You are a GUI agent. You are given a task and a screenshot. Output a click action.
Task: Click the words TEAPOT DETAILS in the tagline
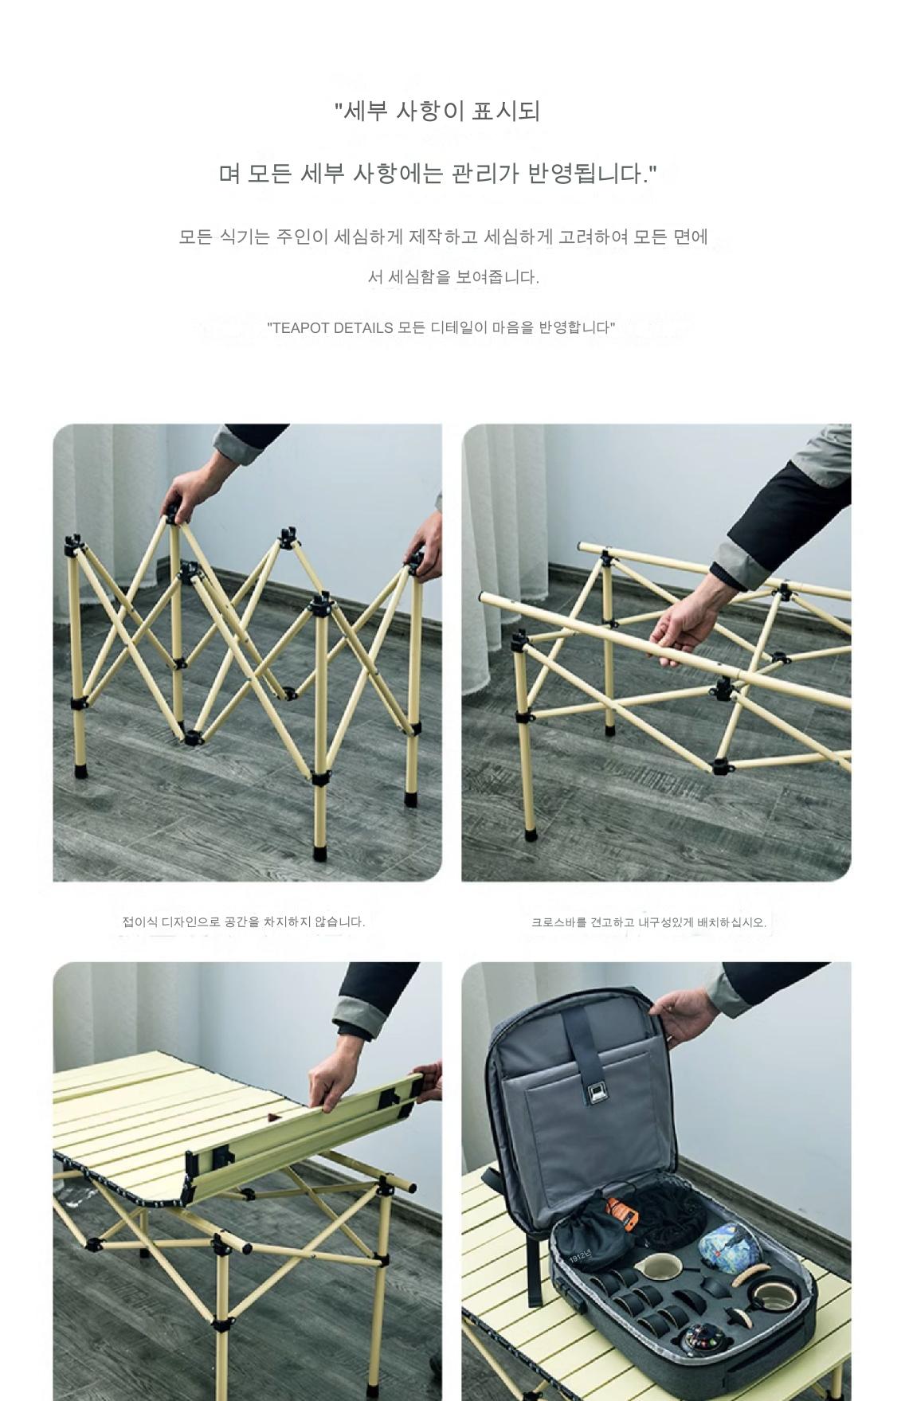click(330, 327)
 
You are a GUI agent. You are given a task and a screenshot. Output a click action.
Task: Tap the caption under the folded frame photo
click(243, 922)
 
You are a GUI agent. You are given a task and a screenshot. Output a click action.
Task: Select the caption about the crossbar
click(648, 922)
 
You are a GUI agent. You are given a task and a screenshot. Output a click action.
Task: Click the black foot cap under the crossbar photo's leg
click(531, 833)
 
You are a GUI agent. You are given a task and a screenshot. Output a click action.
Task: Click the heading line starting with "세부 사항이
click(437, 111)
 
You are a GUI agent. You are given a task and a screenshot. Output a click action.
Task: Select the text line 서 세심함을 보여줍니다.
click(453, 277)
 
